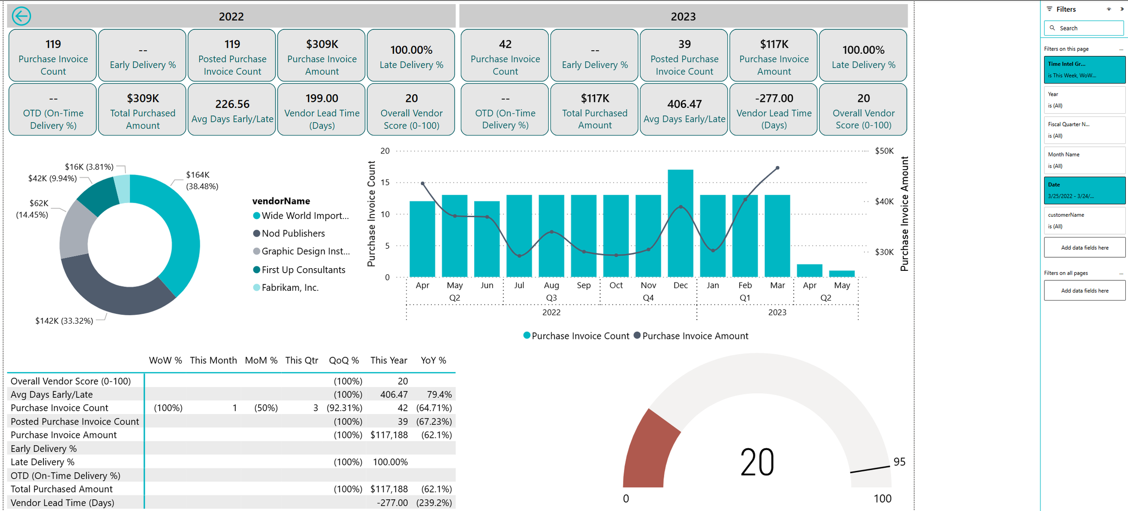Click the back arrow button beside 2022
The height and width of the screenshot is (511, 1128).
(21, 16)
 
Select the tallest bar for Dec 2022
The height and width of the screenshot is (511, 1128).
(680, 223)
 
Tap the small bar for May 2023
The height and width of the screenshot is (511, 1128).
(842, 274)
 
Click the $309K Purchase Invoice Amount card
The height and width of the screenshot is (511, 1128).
(322, 56)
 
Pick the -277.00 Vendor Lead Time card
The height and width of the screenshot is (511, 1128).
(774, 110)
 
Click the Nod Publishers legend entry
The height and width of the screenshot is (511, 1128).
(293, 233)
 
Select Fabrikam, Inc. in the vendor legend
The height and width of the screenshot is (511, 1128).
(290, 288)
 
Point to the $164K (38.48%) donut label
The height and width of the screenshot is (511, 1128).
(202, 180)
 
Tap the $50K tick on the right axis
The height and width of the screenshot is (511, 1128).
(884, 151)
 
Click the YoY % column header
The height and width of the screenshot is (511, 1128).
(433, 360)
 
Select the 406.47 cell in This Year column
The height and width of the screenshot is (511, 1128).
(393, 395)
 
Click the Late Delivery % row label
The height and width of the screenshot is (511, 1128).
(42, 462)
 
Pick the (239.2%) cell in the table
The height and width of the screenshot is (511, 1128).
(434, 503)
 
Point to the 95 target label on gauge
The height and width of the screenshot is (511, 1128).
(899, 462)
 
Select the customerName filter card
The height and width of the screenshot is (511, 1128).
(1084, 220)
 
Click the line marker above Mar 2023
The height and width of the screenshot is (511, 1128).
(777, 168)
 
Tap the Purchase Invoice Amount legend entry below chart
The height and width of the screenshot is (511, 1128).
(695, 336)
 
